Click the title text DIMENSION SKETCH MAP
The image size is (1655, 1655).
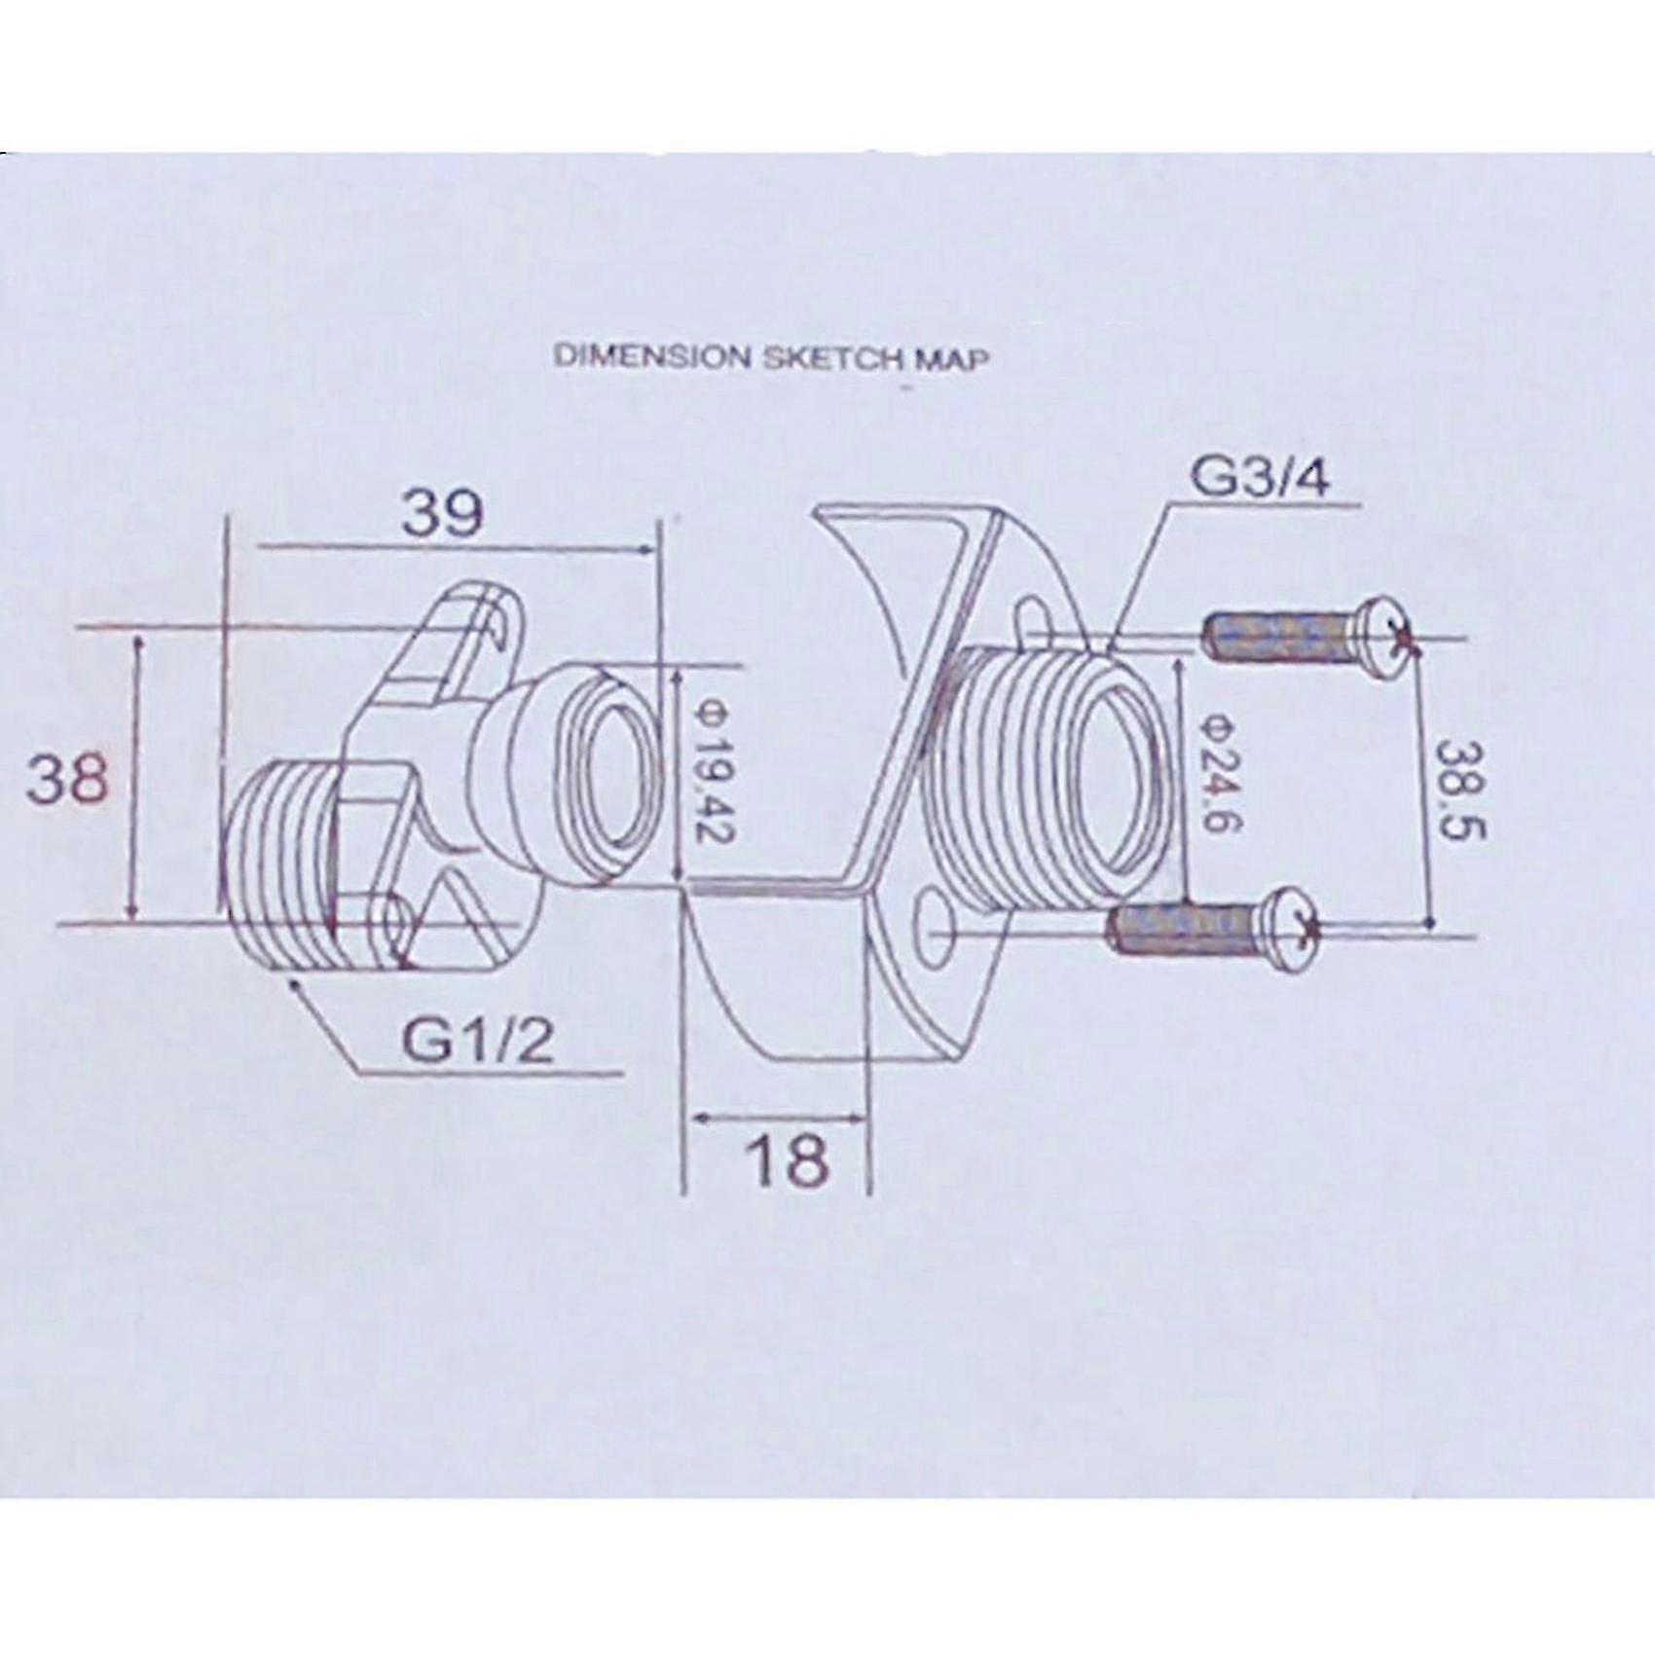click(771, 357)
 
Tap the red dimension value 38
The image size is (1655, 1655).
click(65, 779)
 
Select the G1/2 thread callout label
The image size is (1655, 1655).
click(477, 1042)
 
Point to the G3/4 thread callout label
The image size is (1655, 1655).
click(1259, 480)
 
